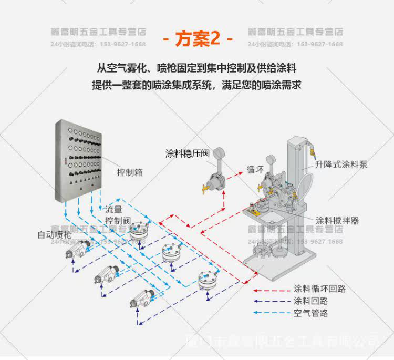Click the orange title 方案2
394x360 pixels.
[x=196, y=39]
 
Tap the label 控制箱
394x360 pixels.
[x=129, y=172]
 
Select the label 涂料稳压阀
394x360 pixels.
[x=188, y=153]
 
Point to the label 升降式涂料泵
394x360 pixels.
[x=341, y=164]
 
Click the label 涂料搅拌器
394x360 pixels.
[x=337, y=221]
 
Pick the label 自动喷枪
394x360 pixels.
[x=54, y=234]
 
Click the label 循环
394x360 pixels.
[x=255, y=170]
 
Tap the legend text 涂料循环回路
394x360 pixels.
[x=319, y=289]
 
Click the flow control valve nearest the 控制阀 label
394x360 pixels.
[x=140, y=231]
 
